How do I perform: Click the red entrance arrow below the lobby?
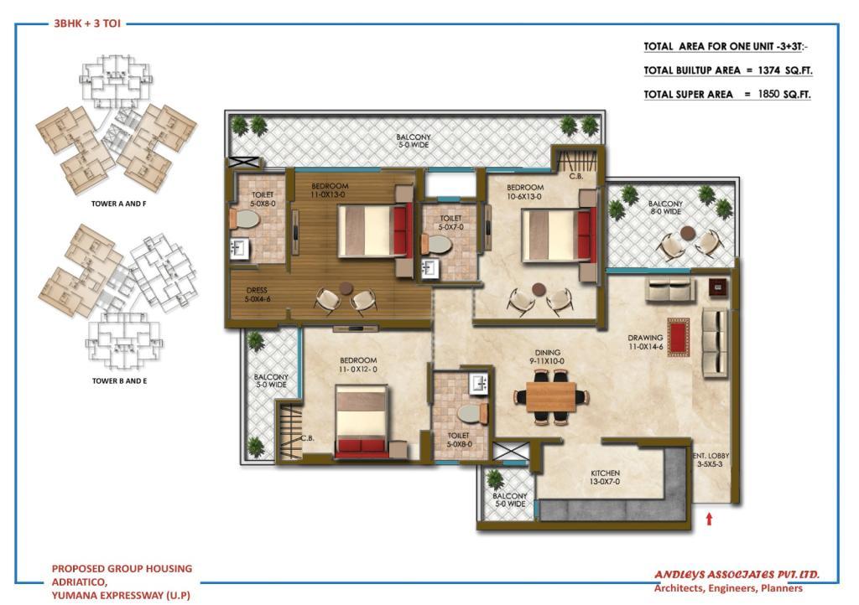click(709, 519)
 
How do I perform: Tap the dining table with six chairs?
click(551, 397)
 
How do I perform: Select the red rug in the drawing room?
click(678, 337)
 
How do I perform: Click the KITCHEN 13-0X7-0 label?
click(605, 477)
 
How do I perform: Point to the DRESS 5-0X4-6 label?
click(257, 295)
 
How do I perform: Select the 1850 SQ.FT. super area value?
click(784, 94)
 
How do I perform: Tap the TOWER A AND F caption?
click(119, 204)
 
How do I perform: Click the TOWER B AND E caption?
click(119, 380)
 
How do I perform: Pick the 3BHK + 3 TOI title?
click(87, 23)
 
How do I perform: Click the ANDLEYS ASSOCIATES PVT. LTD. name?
click(737, 574)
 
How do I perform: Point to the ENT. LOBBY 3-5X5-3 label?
click(711, 459)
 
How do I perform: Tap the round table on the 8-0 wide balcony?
click(688, 234)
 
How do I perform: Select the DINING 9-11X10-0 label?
click(547, 357)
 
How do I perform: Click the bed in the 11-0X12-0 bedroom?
click(362, 421)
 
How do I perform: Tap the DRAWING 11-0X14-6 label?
click(645, 342)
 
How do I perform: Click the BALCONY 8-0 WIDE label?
click(665, 207)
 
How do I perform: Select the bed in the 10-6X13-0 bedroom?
click(560, 235)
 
